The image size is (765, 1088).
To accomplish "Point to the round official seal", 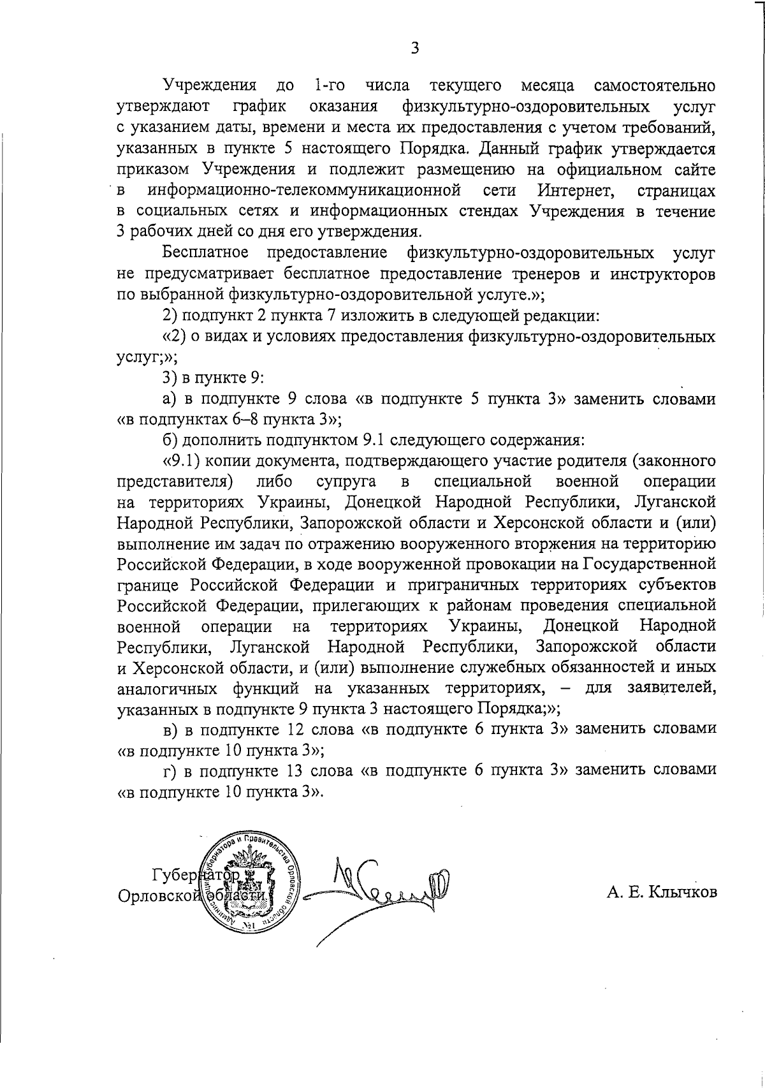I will pyautogui.click(x=251, y=883).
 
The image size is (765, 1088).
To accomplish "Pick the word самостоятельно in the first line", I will pyautogui.click(x=654, y=85).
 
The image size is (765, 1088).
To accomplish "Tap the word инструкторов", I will pyautogui.click(x=662, y=274).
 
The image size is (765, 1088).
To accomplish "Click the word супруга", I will pyautogui.click(x=346, y=481).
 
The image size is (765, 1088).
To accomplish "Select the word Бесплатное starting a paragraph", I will pyautogui.click(x=205, y=253).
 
